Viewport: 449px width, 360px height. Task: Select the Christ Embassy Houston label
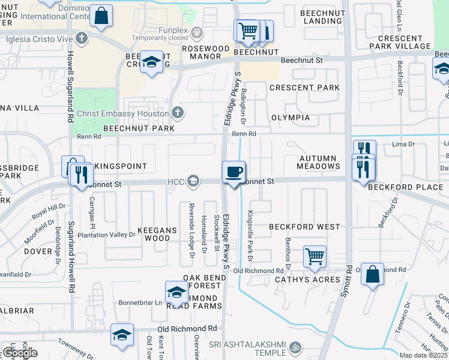123,113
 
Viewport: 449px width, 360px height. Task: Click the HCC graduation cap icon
193,180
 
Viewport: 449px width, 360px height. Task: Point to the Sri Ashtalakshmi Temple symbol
295,347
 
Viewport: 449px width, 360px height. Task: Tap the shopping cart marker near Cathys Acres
315,257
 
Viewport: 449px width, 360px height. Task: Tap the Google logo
19,353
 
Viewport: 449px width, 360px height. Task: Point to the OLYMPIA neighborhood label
291,118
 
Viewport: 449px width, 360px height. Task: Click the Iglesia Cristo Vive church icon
83,38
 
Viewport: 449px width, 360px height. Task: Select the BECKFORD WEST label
304,227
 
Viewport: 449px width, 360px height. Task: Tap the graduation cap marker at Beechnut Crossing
152,62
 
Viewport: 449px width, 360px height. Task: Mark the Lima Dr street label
403,144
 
